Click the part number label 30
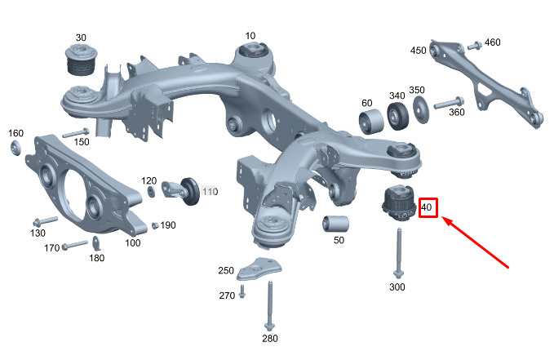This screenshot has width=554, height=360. point(81,38)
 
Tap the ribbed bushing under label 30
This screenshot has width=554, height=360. point(80,63)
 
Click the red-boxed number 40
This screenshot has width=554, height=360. point(428,208)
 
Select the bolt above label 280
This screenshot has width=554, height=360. point(268,305)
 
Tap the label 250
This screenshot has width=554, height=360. point(226,270)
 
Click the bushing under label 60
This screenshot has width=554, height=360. point(372,122)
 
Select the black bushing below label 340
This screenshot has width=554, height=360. point(398,118)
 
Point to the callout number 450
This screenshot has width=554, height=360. point(419,51)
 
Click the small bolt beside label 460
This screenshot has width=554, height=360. point(474,43)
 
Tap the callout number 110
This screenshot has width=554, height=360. point(211,191)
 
